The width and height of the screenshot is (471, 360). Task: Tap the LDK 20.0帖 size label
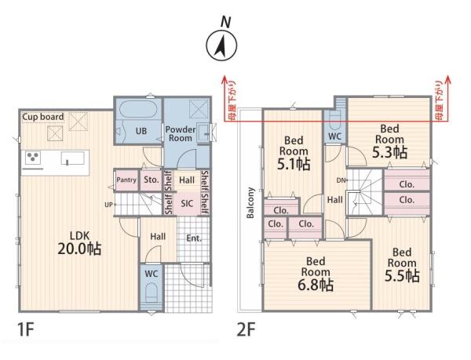(79, 249)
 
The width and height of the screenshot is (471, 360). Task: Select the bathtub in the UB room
(138, 109)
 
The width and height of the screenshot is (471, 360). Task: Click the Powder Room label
(181, 134)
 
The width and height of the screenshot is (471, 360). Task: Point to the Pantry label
(126, 180)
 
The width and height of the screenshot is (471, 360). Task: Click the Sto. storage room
(151, 180)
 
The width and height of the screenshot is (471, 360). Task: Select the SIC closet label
(187, 204)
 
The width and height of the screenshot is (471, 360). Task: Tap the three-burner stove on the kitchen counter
(33, 158)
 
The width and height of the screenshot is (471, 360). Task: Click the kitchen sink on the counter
(73, 158)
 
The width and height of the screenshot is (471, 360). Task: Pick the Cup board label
(43, 117)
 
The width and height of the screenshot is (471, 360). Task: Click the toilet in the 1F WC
(151, 293)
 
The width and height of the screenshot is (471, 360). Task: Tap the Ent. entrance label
(194, 238)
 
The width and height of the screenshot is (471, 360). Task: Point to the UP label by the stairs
(109, 205)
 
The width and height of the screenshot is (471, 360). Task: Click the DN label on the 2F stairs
(341, 180)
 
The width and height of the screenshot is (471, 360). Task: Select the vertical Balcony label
(250, 203)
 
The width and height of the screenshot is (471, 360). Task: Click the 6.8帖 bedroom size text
(316, 285)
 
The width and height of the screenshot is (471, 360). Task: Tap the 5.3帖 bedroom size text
(389, 152)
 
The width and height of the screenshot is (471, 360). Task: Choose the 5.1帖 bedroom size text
(294, 164)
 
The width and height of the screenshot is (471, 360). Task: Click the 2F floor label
(246, 330)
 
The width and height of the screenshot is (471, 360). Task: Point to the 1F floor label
(26, 330)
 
